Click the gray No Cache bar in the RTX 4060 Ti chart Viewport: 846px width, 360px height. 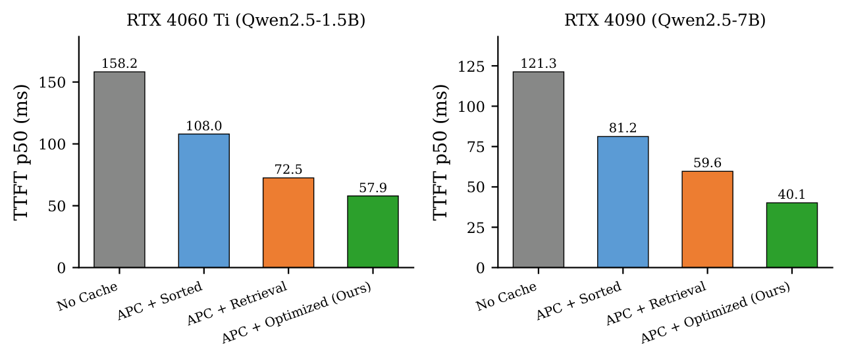point(119,169)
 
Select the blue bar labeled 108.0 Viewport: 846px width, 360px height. point(203,200)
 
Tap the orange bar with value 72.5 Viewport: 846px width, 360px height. point(288,222)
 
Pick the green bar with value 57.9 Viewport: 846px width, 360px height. point(372,231)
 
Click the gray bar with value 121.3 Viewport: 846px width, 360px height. point(538,169)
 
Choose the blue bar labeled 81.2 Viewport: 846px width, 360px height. point(622,201)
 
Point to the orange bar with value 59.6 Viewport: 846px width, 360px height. point(707,219)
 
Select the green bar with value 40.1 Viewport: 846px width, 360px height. point(791,235)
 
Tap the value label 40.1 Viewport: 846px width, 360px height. point(791,195)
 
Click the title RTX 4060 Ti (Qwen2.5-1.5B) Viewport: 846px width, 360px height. point(246,20)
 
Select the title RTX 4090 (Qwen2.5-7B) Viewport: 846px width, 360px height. point(664,20)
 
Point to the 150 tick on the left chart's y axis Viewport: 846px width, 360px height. point(61,82)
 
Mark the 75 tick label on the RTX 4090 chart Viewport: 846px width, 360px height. point(483,147)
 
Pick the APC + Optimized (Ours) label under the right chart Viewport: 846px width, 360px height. point(716,313)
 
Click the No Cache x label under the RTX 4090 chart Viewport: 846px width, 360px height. point(506,296)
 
